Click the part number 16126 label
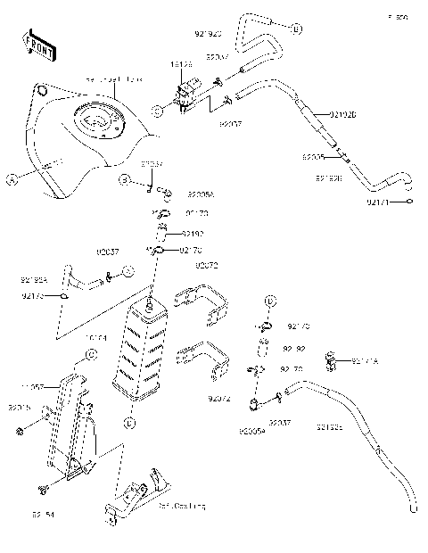tap(182, 66)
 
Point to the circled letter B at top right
tap(296, 30)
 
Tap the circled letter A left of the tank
tap(12, 179)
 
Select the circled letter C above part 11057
tap(90, 355)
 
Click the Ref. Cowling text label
tap(183, 505)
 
